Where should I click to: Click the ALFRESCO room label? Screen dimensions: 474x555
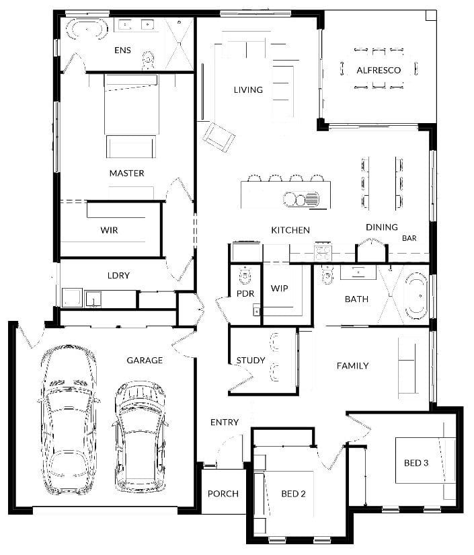coord(379,70)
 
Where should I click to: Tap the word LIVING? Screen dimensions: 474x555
coord(248,90)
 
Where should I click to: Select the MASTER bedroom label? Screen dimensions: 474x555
coord(126,173)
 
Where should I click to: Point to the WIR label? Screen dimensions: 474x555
coord(109,230)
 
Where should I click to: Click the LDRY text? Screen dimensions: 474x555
coord(118,275)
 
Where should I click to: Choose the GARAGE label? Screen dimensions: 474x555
coord(145,361)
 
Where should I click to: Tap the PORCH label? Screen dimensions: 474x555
coord(223,493)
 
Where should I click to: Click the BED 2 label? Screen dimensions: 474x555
coord(293,493)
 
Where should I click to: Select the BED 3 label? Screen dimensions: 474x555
coord(416,463)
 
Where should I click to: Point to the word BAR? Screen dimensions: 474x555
coord(409,238)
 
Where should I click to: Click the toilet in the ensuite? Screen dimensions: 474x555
coord(148,60)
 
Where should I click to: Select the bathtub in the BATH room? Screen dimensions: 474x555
coord(416,295)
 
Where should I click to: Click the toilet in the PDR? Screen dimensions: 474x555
coord(245,276)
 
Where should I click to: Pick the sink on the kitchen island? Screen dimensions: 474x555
coord(301,199)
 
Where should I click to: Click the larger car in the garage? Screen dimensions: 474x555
coord(68,419)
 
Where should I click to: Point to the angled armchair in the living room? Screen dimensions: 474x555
coord(219,137)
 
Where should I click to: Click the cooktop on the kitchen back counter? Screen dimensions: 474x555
coord(323,252)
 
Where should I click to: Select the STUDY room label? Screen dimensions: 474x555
coord(250,361)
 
